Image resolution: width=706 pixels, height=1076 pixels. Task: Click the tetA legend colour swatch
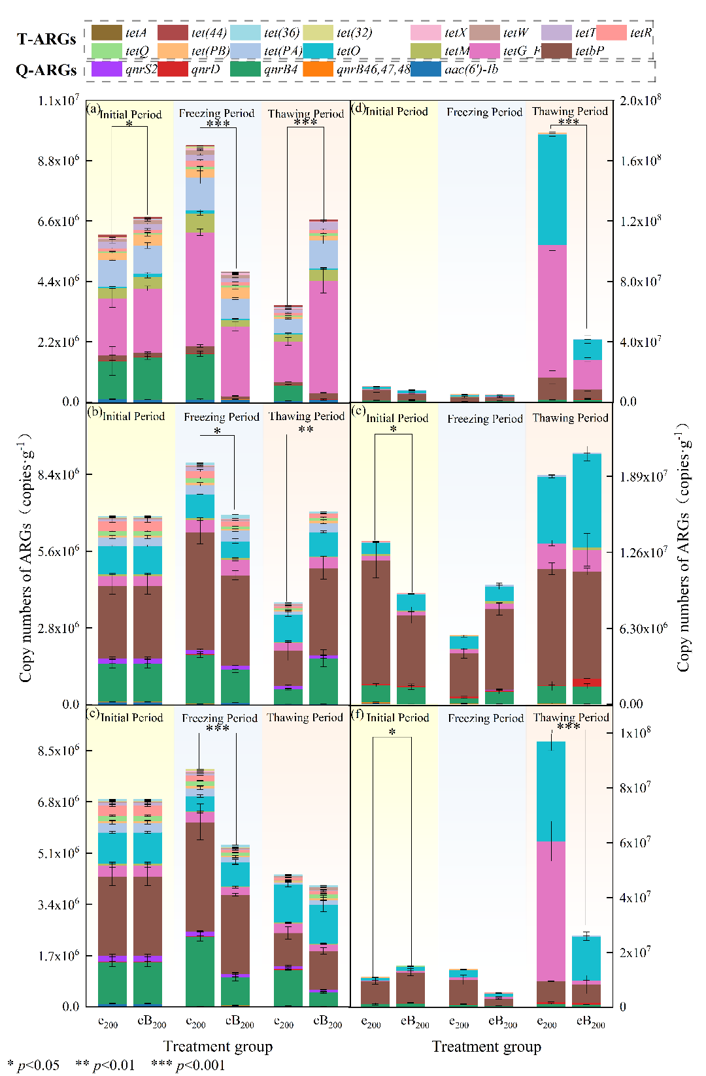click(107, 32)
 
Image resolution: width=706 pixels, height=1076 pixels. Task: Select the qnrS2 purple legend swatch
click(107, 69)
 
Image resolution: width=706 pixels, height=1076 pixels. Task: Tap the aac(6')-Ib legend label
click(471, 69)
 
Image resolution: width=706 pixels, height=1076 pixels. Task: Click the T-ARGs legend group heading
click(46, 39)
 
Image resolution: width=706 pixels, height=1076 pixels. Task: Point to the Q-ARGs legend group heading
click(46, 70)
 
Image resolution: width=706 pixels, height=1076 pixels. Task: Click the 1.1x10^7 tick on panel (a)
click(58, 101)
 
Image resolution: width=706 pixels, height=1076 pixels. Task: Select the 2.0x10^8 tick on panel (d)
click(640, 100)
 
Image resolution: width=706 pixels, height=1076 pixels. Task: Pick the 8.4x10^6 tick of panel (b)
click(58, 474)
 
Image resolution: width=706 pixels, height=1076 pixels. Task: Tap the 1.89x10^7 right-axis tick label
click(643, 476)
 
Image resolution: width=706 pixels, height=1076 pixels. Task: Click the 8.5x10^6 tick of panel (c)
click(58, 751)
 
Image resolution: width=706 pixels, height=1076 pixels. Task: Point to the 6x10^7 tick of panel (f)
click(635, 843)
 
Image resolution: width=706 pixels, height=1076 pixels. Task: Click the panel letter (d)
click(358, 108)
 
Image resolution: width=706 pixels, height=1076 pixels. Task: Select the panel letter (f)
click(358, 714)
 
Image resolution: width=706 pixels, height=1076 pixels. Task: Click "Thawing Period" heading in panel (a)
click(305, 114)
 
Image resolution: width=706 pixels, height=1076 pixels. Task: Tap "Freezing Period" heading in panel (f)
click(485, 718)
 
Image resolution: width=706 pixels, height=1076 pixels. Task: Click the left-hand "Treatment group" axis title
click(218, 1046)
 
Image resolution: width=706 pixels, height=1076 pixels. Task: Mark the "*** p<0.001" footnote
click(188, 1066)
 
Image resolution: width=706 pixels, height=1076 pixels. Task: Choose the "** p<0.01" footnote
click(105, 1066)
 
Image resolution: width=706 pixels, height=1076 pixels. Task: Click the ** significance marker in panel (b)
click(305, 430)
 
